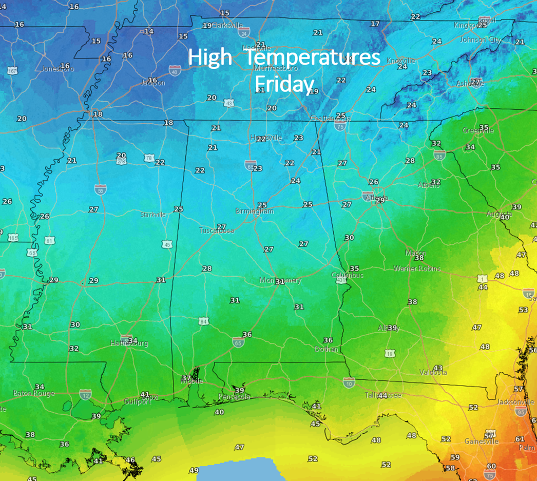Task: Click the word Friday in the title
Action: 284,84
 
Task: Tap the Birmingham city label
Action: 254,211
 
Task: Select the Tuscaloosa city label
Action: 216,230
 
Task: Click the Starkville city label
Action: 153,215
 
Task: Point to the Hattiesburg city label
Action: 129,343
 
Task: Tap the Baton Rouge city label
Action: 33,394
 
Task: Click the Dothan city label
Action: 326,349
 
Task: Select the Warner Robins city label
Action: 417,268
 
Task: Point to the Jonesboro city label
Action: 57,69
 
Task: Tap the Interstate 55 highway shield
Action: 101,189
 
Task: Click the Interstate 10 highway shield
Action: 349,381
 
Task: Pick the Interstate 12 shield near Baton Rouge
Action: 85,394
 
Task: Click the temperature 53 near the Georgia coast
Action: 523,310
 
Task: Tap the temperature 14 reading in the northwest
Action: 149,31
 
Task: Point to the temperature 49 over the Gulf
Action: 194,470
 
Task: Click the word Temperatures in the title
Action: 313,57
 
